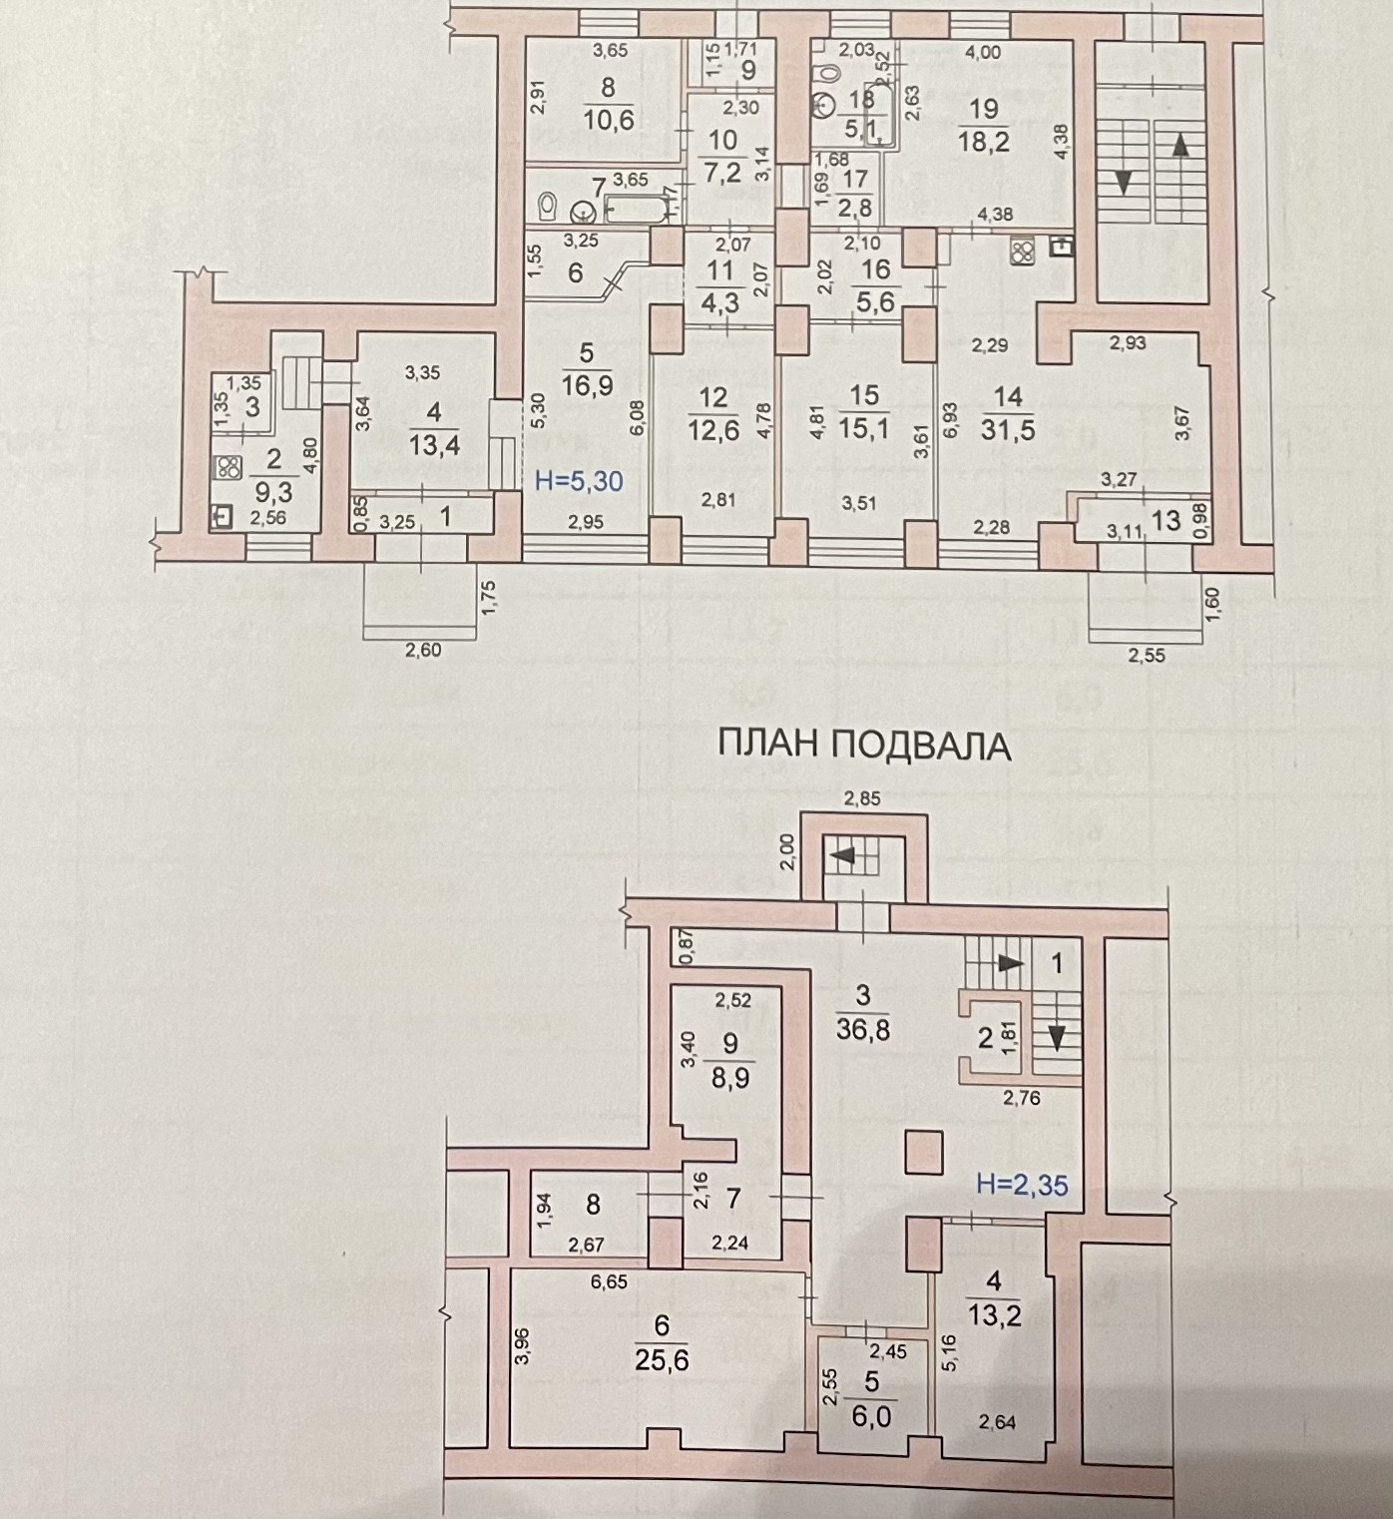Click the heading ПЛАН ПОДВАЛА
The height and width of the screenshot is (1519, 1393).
coord(864,746)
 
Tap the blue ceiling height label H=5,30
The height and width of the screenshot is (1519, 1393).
coord(579,481)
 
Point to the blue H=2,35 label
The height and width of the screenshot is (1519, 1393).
coord(1022,1185)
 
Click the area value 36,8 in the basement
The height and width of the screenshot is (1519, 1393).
coord(864,1027)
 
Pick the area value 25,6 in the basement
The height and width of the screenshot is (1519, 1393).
coord(663,1360)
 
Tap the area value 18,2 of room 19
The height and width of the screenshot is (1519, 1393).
coord(983,141)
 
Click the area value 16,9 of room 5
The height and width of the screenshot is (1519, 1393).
coord(587,385)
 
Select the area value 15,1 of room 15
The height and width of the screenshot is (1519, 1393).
coord(863,428)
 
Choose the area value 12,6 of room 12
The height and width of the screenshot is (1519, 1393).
coord(712,430)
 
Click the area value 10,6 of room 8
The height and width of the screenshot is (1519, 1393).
coord(608,120)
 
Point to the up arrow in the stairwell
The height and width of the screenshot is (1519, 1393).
coord(1180,147)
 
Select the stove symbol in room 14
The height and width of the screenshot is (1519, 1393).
coord(1023,253)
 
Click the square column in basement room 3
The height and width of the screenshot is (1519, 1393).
coord(922,1152)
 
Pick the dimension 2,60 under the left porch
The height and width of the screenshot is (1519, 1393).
coord(423,650)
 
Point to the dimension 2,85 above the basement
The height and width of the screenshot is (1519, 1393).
coord(862,797)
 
